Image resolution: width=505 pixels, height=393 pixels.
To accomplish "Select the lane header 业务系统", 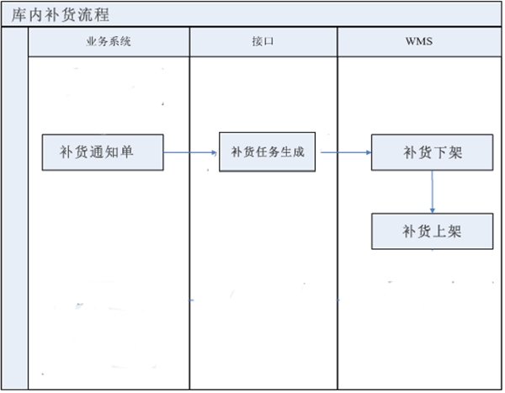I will pos(109,42).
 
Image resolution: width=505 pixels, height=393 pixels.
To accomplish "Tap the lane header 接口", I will pos(263,42).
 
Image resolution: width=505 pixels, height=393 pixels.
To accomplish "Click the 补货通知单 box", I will pos(104,151).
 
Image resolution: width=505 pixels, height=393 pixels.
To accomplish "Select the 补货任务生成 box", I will pos(269,152).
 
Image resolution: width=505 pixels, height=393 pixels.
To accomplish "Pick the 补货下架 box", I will pos(432,152).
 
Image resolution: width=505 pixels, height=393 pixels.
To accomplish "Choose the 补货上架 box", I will pos(433,230).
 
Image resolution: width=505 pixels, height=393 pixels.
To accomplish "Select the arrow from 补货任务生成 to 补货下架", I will pos(345,152).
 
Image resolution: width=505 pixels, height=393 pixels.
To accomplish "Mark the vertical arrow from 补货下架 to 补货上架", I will pos(432,192).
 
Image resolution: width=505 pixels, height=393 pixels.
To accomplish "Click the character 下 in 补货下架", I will pos(441,152).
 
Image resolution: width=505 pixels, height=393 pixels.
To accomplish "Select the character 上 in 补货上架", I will pos(442,230).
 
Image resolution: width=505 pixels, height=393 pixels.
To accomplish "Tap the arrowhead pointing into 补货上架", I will pos(432,209).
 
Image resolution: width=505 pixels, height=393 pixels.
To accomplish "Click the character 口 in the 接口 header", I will pos(268,42).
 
